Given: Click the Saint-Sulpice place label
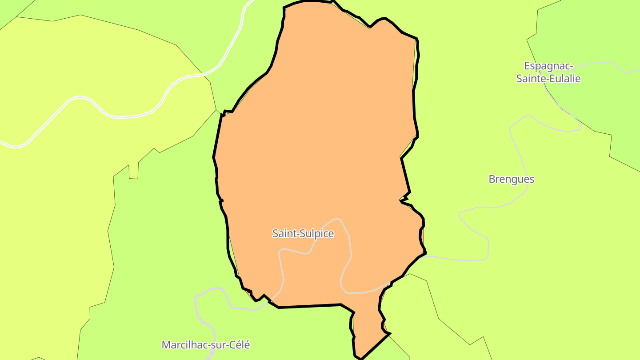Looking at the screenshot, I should (x=303, y=233).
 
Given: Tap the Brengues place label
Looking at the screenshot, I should (x=511, y=179).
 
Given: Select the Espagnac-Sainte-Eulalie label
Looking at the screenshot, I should (x=548, y=72).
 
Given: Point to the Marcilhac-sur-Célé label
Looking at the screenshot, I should (x=206, y=344).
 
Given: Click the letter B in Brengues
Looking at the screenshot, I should (x=492, y=179).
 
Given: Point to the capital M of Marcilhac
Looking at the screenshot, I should (x=166, y=344).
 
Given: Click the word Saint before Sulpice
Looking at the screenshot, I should (x=283, y=233).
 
